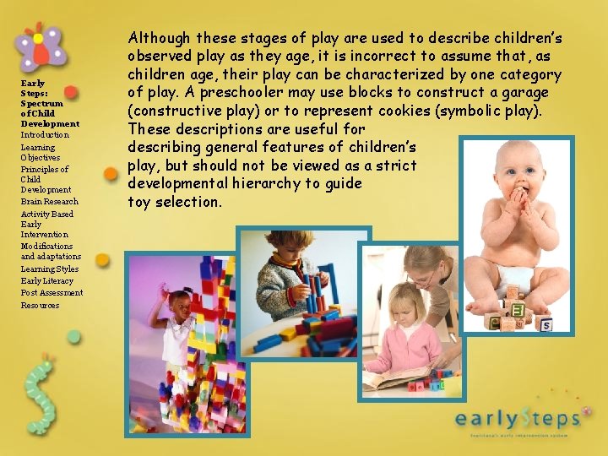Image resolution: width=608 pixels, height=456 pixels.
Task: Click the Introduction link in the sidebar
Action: [45, 135]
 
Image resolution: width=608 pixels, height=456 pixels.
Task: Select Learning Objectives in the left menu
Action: [41, 152]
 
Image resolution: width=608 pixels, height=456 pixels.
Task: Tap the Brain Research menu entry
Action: [49, 202]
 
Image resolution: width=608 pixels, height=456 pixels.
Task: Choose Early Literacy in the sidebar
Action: [46, 280]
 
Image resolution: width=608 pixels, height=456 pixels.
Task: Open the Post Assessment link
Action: [52, 293]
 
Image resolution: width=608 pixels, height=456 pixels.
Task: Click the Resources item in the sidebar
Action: [40, 305]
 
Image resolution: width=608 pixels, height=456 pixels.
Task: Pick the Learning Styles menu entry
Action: [49, 269]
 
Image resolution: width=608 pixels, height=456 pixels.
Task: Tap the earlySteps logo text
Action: [518, 417]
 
